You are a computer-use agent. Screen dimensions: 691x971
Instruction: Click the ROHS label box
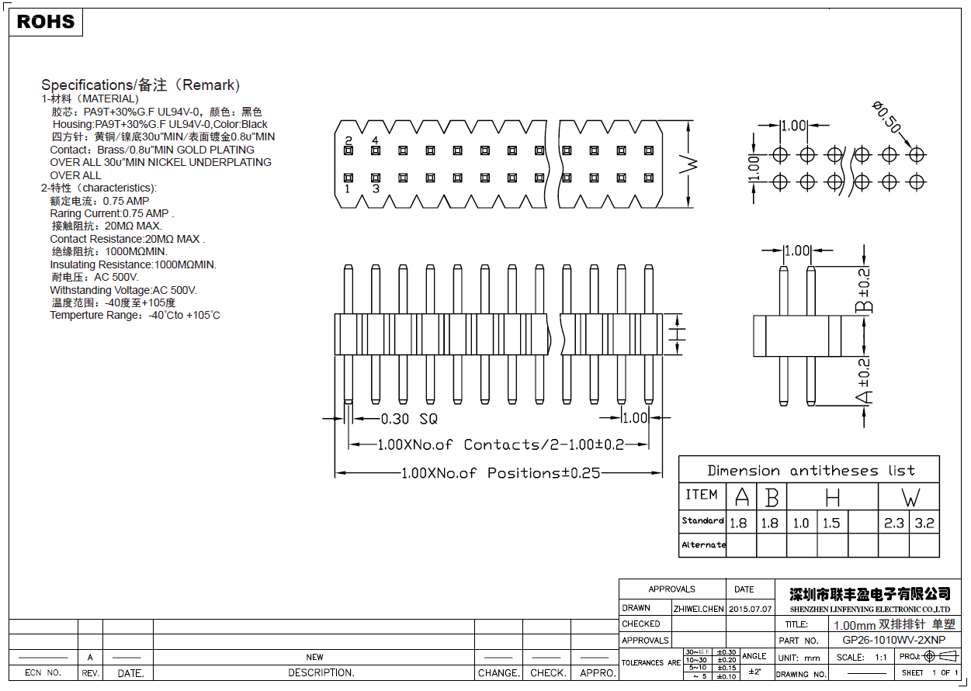[46, 22]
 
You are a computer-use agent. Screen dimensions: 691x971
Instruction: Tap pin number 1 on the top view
[348, 188]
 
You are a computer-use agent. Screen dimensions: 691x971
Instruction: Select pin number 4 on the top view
[375, 140]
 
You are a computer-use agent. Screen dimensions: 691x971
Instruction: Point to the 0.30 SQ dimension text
[409, 419]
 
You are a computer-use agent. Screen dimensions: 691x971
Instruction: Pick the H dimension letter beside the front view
[678, 334]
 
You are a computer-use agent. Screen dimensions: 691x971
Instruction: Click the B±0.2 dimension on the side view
[864, 290]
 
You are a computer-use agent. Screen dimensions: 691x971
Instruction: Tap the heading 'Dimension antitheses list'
[810, 471]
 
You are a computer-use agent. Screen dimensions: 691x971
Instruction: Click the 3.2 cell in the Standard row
[924, 523]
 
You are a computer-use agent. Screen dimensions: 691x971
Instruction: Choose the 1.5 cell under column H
[831, 523]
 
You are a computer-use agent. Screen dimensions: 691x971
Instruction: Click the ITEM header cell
[702, 495]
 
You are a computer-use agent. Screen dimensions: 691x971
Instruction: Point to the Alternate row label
[703, 544]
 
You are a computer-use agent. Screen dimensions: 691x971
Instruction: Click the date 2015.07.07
[751, 609]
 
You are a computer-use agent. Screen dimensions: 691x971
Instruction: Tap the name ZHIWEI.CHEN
[699, 609]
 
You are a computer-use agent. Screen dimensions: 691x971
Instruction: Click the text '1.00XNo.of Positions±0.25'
[500, 473]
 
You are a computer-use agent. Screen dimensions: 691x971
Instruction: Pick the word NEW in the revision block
[314, 657]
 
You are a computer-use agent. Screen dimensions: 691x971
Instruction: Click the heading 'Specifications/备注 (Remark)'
[140, 85]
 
